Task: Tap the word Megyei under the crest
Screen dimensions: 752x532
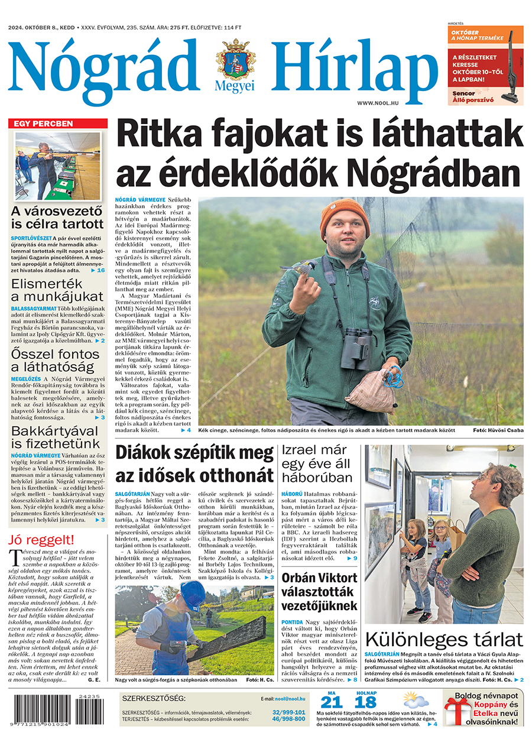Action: (x=236, y=86)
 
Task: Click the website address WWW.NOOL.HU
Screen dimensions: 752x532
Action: (x=377, y=103)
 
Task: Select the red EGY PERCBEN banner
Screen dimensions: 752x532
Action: (x=58, y=124)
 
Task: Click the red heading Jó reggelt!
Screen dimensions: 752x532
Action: (x=41, y=539)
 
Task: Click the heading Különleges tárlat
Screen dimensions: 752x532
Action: (x=444, y=639)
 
